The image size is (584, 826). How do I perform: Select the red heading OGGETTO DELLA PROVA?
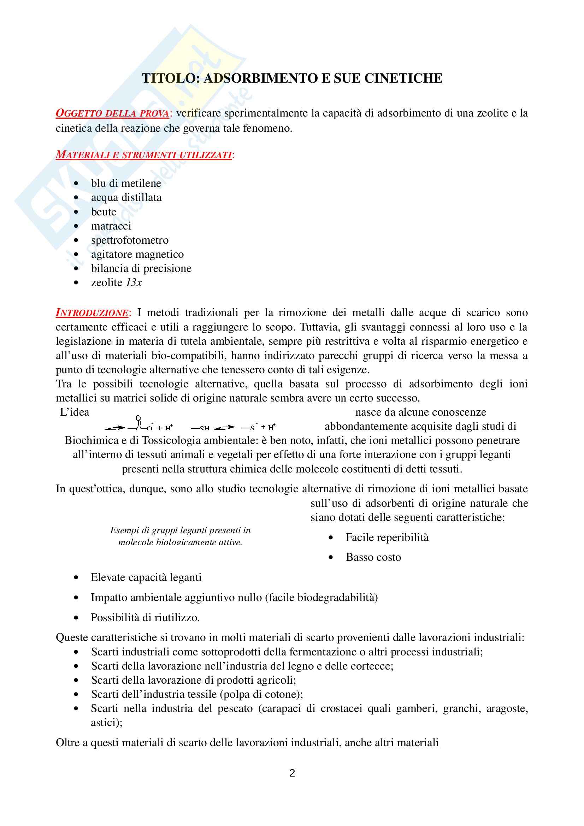[112, 113]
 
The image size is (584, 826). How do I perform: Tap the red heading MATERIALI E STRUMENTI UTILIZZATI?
[143, 155]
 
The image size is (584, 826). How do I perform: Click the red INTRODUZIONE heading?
[92, 313]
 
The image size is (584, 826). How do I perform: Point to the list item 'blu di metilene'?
[126, 184]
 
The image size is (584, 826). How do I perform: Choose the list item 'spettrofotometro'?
[130, 240]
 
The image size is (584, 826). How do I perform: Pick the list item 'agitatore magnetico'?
[137, 254]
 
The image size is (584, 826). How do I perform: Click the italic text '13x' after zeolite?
[134, 283]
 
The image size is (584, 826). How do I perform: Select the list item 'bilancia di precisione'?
[141, 268]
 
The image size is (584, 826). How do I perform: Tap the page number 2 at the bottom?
[292, 773]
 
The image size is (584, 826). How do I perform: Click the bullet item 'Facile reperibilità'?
[387, 537]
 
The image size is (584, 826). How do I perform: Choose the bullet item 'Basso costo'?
[373, 557]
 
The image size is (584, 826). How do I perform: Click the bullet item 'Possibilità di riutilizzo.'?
[145, 618]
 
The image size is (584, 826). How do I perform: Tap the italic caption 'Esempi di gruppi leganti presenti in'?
[180, 530]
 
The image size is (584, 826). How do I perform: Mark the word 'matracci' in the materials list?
[111, 226]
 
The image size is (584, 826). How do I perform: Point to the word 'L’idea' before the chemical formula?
[75, 412]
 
